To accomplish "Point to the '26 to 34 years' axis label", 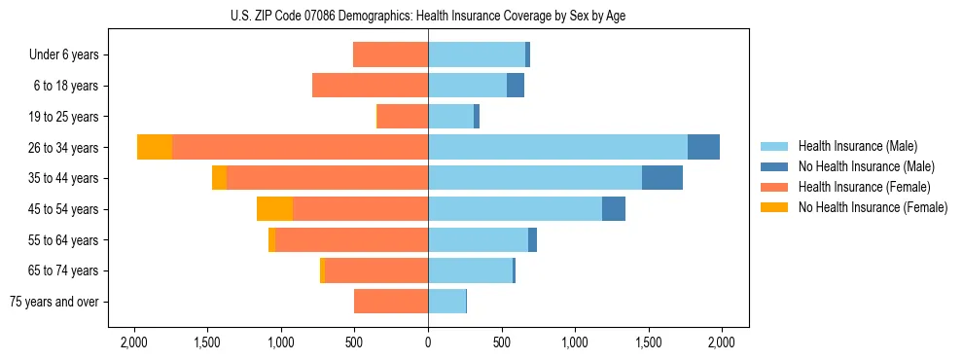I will (62, 148).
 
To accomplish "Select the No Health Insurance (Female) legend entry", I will (873, 207).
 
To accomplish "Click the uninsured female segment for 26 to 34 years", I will (155, 147).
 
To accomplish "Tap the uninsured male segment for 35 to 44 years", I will (662, 178).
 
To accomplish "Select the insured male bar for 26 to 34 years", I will (557, 147).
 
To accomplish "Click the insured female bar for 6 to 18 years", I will (370, 86).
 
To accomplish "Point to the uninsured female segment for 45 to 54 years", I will (274, 209).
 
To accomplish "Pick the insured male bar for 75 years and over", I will (446, 302).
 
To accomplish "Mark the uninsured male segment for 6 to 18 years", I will (516, 86).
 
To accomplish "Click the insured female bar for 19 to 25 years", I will (403, 117).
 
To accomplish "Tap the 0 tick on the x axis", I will (428, 342).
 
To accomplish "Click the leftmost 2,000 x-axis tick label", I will (133, 342).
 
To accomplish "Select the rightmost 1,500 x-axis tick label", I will (648, 342).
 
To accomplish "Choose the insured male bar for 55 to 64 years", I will (478, 239).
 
